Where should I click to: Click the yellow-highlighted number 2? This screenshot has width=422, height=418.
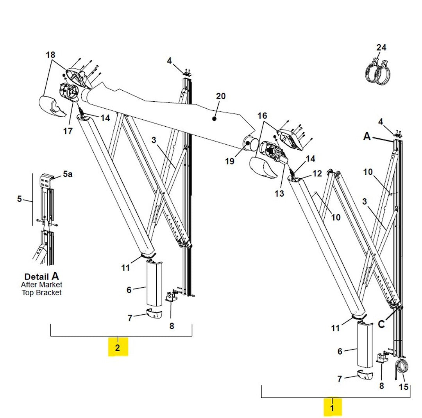tap(118, 346)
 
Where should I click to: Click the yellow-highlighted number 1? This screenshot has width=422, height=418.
tap(332, 407)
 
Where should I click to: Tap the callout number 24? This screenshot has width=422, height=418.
tap(381, 47)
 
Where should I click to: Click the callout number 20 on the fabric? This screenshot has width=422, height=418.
tap(220, 96)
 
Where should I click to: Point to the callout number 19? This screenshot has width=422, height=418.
tap(229, 161)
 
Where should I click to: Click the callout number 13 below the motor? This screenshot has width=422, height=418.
tap(279, 193)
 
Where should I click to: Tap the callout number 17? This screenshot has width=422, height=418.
tap(68, 131)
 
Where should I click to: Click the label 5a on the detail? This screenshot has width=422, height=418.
tap(68, 174)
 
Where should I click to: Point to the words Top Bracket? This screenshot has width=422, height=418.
tap(41, 292)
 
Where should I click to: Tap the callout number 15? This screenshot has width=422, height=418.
tap(404, 387)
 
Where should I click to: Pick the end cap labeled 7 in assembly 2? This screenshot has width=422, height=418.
tap(155, 314)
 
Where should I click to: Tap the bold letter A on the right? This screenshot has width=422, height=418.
tap(367, 136)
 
